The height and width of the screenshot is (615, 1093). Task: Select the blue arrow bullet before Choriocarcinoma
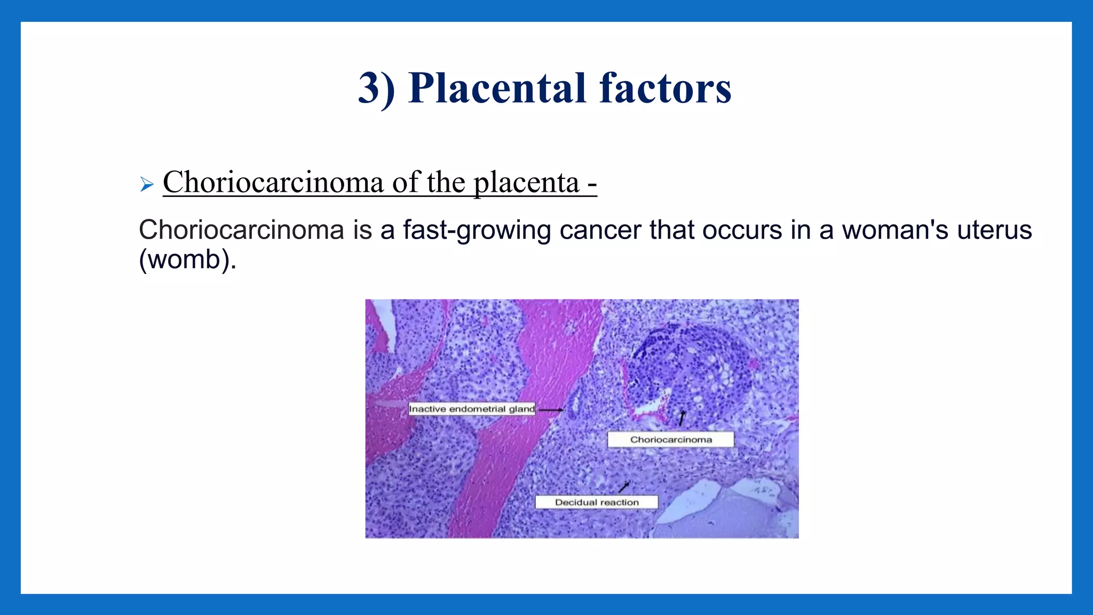[x=147, y=185]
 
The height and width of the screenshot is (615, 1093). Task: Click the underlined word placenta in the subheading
[x=526, y=183]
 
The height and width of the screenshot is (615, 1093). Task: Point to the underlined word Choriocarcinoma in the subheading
[x=273, y=183]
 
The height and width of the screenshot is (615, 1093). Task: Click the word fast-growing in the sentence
[x=477, y=231]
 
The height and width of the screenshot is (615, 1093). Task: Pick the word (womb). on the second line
[x=187, y=260]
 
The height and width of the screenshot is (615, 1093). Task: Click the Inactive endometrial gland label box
[x=472, y=409]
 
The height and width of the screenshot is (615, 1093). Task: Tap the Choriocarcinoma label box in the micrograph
[x=670, y=440]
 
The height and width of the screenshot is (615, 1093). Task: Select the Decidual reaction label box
[x=596, y=502]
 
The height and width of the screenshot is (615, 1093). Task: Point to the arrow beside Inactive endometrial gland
[x=550, y=410]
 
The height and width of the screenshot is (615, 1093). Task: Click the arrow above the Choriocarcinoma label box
[x=682, y=419]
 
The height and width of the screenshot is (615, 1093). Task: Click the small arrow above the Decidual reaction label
[x=624, y=486]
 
